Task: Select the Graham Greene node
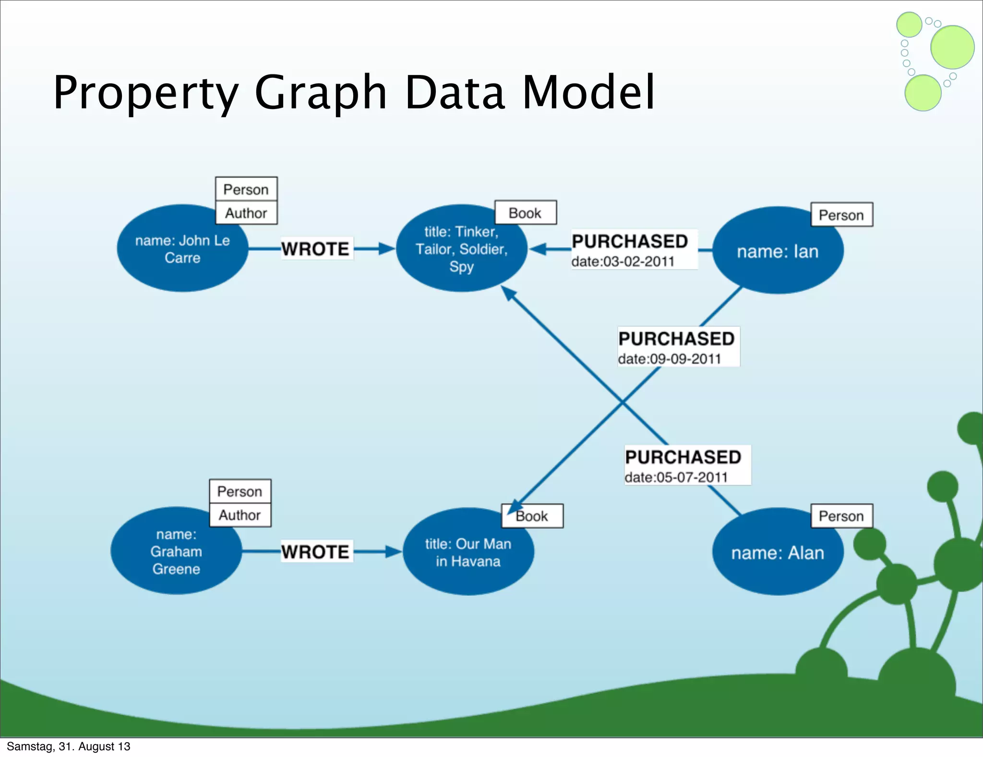(176, 551)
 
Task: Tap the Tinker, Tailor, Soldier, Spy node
(461, 249)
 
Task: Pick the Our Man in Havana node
(468, 552)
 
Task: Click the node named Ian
(778, 251)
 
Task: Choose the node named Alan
(778, 553)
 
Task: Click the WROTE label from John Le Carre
(315, 249)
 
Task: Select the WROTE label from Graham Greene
(315, 552)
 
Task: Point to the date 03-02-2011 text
(623, 262)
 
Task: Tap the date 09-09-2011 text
(670, 359)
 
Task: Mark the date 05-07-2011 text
(676, 477)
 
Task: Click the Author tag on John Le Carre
(246, 213)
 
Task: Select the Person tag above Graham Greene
(240, 491)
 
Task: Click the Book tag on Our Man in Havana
(532, 516)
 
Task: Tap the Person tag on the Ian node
(841, 215)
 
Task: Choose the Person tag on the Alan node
(841, 516)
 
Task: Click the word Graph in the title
(320, 92)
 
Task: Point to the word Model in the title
(588, 92)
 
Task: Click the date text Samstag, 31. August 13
(68, 746)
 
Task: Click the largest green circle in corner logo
(952, 47)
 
